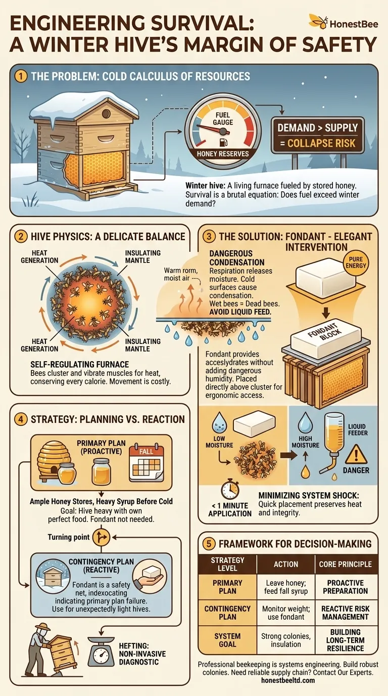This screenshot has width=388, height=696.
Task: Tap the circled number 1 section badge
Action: point(20,77)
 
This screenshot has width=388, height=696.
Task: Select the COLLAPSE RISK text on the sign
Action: point(321,144)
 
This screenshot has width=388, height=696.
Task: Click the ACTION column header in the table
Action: point(285,564)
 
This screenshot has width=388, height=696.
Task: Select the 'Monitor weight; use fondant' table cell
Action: point(285,613)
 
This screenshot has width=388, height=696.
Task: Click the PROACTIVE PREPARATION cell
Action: point(346,586)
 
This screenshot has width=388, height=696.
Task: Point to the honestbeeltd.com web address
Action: point(287,680)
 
